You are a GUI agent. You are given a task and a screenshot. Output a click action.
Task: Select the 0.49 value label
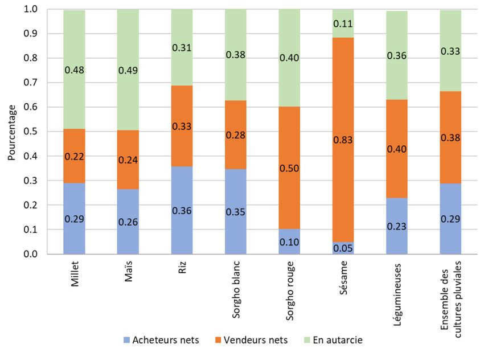[x=128, y=71]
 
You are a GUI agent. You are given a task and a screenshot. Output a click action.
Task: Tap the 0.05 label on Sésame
[x=343, y=249]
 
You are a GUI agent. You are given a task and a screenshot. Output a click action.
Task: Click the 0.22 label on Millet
[x=74, y=156]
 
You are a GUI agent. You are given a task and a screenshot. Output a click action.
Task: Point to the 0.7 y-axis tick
[x=30, y=83]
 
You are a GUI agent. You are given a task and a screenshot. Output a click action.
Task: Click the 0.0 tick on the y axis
[x=30, y=254]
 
